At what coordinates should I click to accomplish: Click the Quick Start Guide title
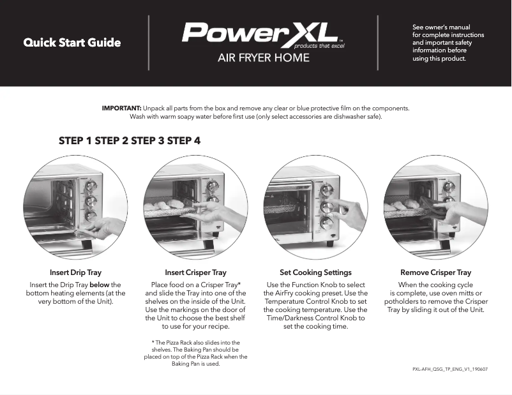click(x=72, y=43)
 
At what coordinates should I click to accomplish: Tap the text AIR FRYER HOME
click(x=264, y=58)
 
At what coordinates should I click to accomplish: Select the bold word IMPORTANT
click(x=121, y=108)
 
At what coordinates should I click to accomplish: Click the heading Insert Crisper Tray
click(x=195, y=272)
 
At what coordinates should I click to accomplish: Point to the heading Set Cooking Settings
click(x=315, y=272)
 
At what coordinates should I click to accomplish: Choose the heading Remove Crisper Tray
click(x=435, y=272)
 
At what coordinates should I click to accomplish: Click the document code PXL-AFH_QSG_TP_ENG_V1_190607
click(x=451, y=369)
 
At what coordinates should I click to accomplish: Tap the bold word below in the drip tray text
click(x=100, y=285)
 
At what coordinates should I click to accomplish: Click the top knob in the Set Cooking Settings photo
click(x=327, y=190)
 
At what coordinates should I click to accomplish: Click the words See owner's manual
click(x=441, y=27)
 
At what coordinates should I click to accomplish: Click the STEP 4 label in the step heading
click(x=184, y=141)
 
